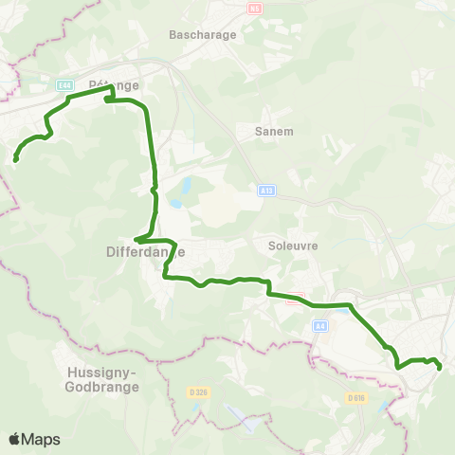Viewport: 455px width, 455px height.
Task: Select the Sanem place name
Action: tap(275, 132)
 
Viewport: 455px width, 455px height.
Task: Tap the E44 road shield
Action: tap(64, 85)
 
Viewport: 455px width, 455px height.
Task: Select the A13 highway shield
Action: tap(266, 191)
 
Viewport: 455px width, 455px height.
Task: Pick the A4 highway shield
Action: tap(320, 326)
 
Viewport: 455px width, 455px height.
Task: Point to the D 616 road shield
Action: tap(355, 397)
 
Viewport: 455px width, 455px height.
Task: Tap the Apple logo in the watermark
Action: tap(14, 439)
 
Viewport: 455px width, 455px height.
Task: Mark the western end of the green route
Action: tap(15, 160)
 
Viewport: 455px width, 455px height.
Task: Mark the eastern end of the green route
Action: tap(441, 367)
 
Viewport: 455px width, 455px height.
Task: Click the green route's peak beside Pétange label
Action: tap(113, 88)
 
